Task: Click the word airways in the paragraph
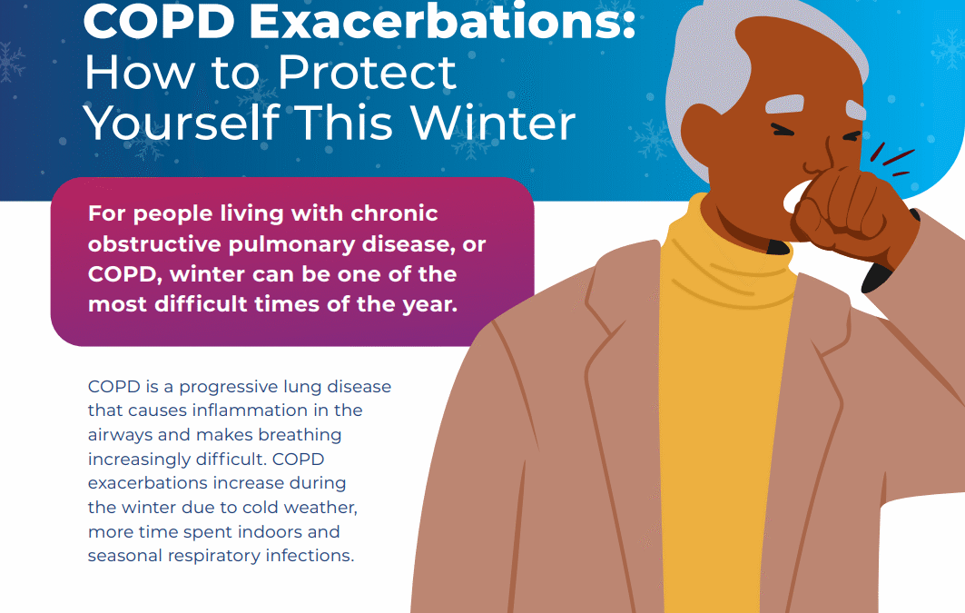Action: coord(117,434)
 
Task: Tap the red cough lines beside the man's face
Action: coord(894,163)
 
